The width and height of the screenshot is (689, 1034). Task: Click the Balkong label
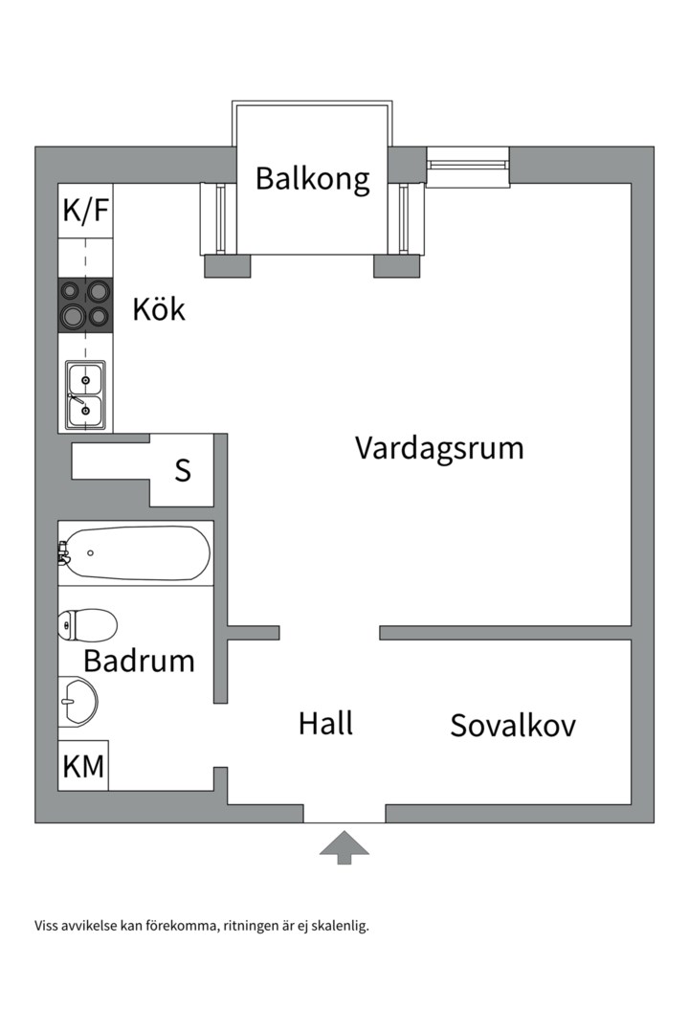(312, 179)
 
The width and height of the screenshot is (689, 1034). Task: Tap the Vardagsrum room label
(439, 448)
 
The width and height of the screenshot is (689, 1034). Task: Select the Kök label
(159, 309)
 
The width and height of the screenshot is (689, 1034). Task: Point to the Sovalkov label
(513, 726)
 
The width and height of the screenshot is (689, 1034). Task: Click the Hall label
(325, 723)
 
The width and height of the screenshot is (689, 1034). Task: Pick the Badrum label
(139, 661)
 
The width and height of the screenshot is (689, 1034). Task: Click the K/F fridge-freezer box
(85, 211)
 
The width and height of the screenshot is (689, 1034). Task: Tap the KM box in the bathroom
(83, 766)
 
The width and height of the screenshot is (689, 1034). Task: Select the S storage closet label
(183, 471)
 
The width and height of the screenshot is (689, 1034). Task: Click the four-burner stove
(85, 304)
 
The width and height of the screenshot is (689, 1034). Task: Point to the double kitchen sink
(85, 395)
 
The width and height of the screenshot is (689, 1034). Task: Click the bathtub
(134, 553)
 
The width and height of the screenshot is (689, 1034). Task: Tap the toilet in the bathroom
(87, 625)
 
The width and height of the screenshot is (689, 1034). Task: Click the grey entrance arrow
(344, 847)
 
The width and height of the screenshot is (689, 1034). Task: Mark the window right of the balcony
(467, 165)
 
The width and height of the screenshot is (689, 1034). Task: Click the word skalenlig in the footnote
(337, 926)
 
